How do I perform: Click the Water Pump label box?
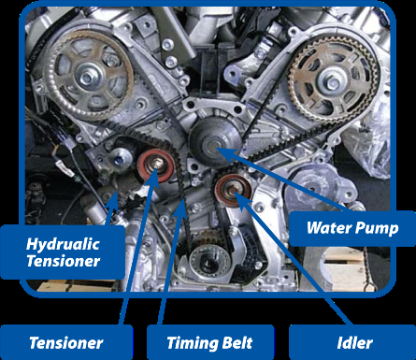352,228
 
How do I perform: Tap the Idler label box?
352,342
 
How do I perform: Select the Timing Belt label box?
210,342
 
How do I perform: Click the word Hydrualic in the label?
63,244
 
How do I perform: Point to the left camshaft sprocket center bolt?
86,77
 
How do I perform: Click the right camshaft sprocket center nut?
333,82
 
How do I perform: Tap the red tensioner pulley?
157,166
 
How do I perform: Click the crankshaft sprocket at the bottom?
209,260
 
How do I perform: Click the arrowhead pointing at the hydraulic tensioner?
113,199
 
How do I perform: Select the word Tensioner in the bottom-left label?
66,342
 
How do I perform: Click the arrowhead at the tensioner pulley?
153,177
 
